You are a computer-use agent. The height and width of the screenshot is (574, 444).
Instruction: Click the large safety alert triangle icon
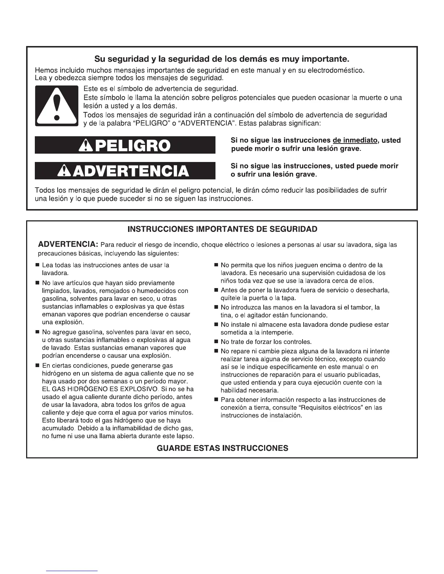click(56, 106)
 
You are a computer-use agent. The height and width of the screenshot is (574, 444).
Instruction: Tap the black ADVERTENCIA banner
click(125, 171)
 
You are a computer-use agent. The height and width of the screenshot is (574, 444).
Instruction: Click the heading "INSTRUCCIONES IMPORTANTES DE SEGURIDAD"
click(222, 229)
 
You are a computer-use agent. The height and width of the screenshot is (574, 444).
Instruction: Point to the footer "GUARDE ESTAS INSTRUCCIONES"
click(222, 448)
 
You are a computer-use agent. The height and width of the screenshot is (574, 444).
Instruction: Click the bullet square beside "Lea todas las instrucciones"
click(37, 266)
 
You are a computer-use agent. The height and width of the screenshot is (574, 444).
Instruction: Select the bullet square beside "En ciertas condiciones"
click(37, 366)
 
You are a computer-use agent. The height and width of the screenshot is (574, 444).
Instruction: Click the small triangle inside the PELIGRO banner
click(83, 145)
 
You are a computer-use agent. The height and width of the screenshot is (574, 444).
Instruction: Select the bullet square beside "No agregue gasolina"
click(37, 332)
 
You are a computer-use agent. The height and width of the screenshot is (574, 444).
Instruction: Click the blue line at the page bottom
click(72, 571)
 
